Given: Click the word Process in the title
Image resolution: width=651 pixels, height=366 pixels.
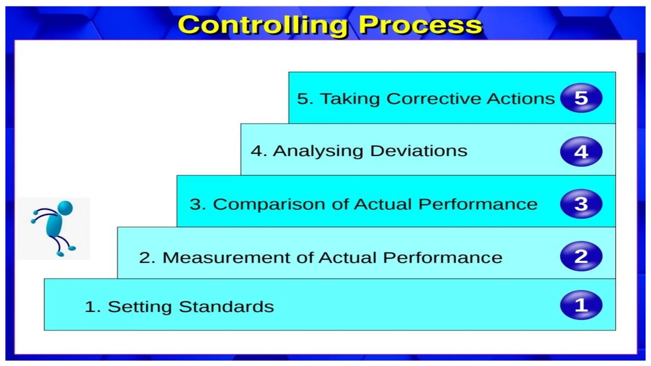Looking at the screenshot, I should tap(420, 25).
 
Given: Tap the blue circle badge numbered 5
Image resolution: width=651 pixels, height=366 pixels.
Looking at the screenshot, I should tap(581, 98).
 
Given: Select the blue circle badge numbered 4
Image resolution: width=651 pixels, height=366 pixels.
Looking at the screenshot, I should tap(581, 152).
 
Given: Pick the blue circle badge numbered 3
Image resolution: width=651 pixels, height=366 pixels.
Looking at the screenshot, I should tap(581, 204).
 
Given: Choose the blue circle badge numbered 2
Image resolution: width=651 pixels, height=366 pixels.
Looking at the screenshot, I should tap(581, 256).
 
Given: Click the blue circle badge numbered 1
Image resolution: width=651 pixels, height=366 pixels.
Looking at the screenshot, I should tap(581, 305).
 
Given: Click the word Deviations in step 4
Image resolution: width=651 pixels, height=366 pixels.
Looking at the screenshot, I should tap(419, 151).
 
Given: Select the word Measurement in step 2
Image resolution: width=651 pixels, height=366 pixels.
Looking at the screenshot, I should tap(226, 257).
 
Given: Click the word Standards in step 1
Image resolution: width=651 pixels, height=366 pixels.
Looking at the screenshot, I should tap(226, 307).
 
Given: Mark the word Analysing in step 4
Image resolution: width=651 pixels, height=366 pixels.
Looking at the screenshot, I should tap(318, 152).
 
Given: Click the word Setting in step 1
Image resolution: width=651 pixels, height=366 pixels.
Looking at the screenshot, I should tap(140, 307).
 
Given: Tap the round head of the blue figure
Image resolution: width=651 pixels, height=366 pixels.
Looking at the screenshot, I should tap(65, 208).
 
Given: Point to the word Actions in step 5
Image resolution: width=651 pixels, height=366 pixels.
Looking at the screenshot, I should tap(521, 98).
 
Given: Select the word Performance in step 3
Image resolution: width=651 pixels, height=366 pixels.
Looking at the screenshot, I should tap(477, 204).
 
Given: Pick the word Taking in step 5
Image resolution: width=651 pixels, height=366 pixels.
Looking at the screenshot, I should tap(350, 99).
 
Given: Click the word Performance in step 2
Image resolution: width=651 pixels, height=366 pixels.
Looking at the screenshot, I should tap(442, 257).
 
